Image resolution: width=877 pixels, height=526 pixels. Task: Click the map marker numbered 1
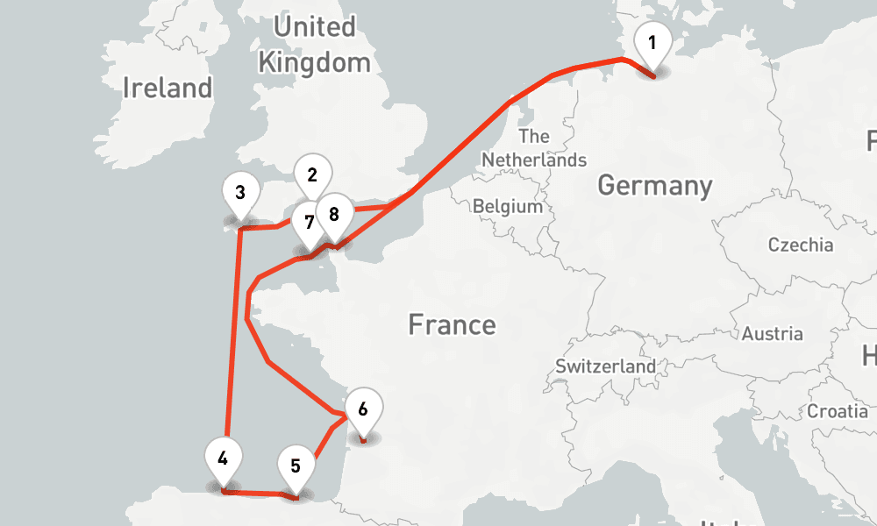coord(652,44)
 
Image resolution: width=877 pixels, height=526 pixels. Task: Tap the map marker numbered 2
coord(311,174)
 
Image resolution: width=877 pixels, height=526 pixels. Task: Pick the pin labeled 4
coord(224,458)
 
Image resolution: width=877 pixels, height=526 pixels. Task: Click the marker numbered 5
coord(296,466)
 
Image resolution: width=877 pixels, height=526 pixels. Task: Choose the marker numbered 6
coord(363,408)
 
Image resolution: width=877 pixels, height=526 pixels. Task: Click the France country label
coord(452,325)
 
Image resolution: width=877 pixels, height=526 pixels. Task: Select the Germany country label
coord(654,186)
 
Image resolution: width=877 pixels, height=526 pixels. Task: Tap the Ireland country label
coord(168,88)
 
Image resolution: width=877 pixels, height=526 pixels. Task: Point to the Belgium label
coord(508,207)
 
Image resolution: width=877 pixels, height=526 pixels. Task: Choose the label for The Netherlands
coord(533,148)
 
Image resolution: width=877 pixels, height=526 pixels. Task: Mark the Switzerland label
coord(605,366)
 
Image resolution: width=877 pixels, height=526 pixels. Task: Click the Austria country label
coord(772,334)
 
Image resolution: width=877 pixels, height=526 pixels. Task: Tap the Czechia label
coord(800,245)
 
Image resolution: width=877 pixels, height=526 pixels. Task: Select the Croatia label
coord(838,410)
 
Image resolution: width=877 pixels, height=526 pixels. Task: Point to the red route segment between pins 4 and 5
coord(259,494)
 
